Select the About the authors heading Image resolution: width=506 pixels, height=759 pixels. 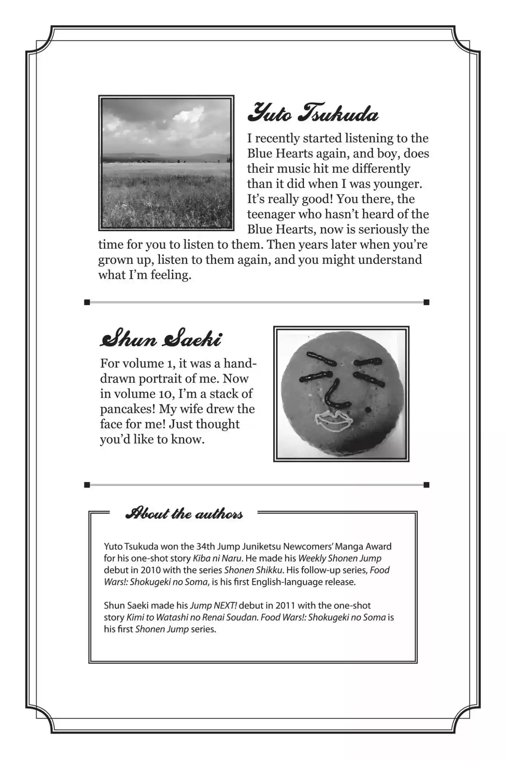tap(184, 514)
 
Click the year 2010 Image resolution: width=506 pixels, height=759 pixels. tap(151, 570)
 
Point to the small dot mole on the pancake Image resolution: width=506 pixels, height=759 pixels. tap(368, 410)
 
